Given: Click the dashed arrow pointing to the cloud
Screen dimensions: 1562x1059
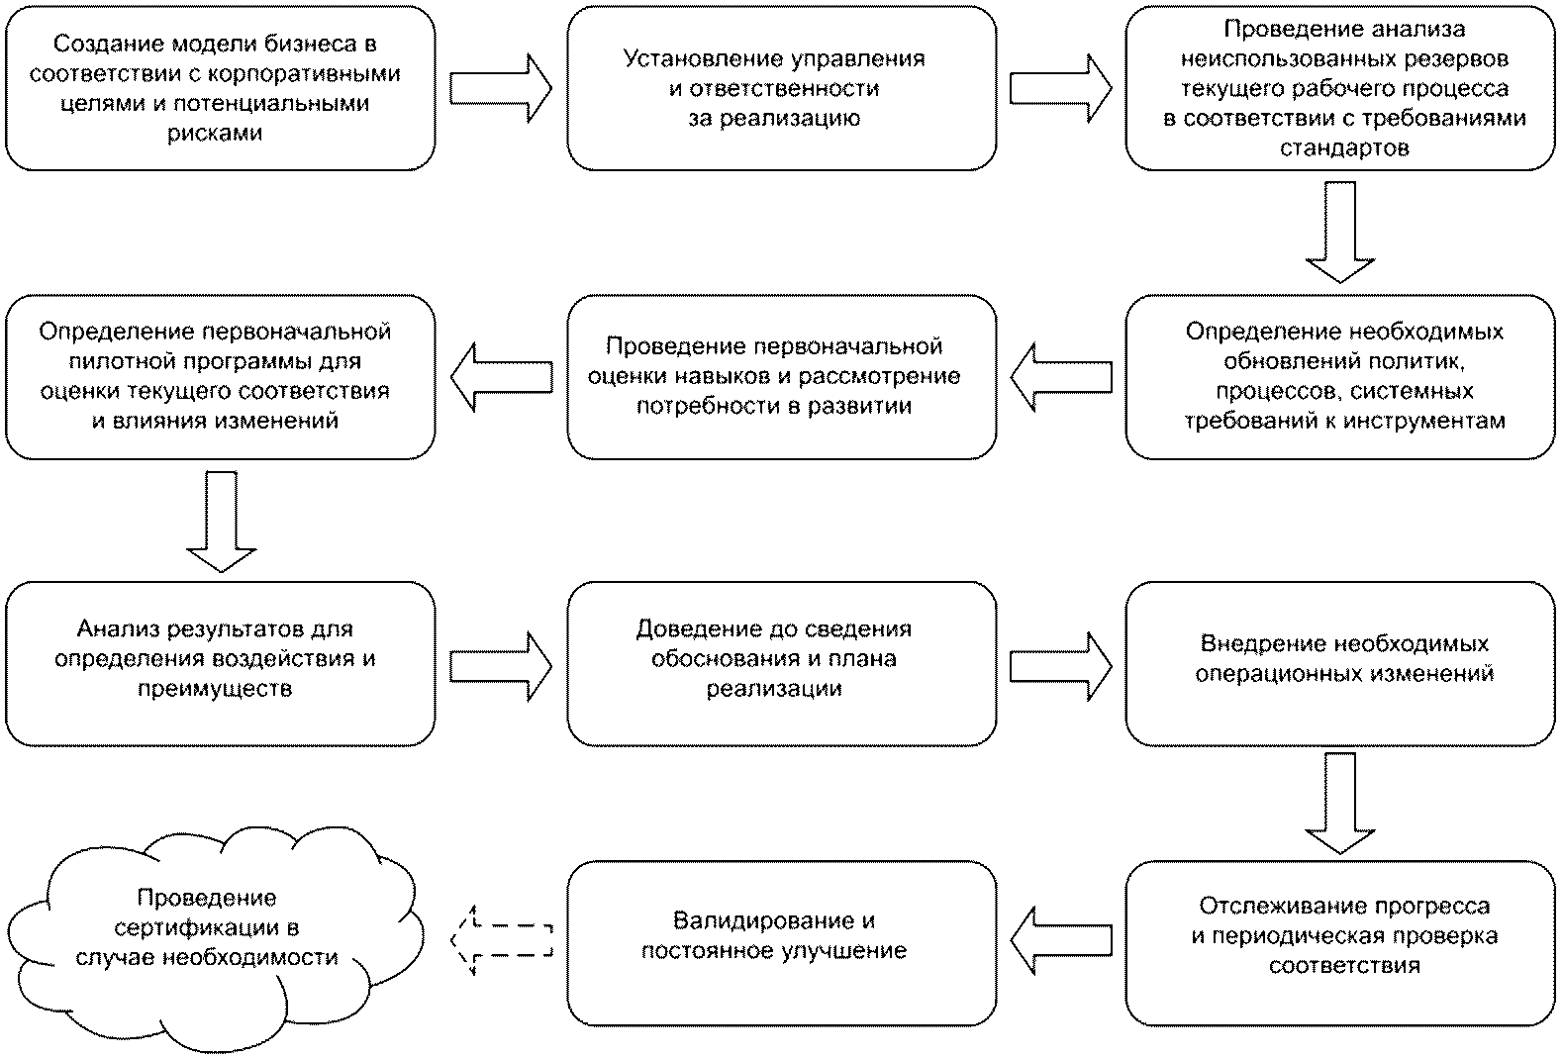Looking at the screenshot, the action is pos(502,940).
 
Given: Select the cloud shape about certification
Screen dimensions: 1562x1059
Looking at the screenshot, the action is pos(215,939).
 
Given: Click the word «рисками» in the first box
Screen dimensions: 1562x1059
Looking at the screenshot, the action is pos(215,133).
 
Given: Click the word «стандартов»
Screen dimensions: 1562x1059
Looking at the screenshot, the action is pos(1344,147).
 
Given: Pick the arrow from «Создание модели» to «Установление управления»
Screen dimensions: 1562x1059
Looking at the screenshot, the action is pos(501,88).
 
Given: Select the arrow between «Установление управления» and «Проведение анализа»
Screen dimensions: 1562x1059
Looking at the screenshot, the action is pos(1060,88).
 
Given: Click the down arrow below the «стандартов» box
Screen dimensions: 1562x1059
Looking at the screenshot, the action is pos(1339,233).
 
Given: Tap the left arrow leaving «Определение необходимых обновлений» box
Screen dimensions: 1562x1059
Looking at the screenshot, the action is pos(1061,377).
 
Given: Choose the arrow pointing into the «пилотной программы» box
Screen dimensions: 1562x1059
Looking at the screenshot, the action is pos(502,377).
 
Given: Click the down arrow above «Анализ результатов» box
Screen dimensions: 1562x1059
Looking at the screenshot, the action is pos(222,522).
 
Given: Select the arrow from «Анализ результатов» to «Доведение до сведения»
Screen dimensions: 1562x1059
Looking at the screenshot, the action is pos(501,666).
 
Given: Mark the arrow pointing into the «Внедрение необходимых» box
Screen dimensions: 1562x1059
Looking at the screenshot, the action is pos(1060,666).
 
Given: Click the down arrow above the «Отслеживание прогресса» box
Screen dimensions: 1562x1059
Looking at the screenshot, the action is pos(1339,803).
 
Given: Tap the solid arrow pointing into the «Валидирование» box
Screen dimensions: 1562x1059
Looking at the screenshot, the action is pos(1061,940).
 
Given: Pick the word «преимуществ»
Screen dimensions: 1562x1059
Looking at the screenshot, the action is pos(215,689).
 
